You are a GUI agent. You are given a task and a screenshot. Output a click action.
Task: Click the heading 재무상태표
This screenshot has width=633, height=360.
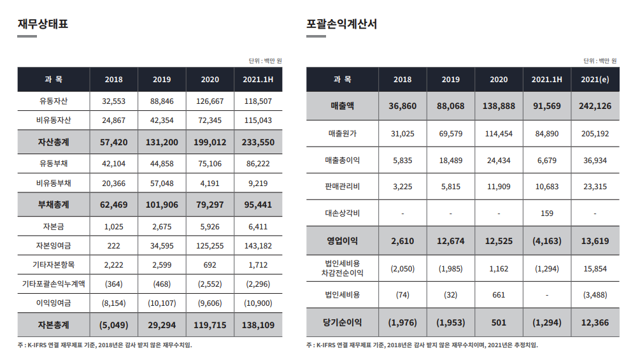(43, 25)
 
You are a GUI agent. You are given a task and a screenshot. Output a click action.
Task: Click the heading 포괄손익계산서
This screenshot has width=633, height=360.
(341, 25)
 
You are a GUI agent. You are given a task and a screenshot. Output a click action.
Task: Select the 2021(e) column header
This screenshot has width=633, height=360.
(595, 80)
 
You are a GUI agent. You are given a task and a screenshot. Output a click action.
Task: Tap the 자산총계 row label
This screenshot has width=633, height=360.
(53, 143)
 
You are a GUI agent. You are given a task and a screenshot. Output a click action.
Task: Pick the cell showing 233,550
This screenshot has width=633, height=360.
(258, 143)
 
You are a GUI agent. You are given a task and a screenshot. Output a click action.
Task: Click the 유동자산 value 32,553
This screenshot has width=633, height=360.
(113, 101)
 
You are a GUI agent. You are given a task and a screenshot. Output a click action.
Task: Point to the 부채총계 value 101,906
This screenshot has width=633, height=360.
(162, 205)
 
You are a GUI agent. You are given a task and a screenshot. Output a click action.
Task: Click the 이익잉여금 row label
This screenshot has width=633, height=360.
(53, 303)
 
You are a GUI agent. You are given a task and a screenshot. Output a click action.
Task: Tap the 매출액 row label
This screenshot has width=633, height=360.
(343, 106)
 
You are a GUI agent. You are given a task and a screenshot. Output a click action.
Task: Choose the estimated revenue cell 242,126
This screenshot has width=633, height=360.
(595, 106)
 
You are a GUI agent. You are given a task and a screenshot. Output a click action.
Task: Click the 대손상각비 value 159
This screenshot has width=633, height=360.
(546, 213)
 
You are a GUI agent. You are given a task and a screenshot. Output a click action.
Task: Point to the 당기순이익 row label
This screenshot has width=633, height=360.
(343, 322)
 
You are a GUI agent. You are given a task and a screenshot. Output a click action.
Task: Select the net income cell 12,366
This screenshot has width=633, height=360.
(595, 322)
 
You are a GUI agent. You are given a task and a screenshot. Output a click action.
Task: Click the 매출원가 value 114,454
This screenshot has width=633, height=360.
(499, 134)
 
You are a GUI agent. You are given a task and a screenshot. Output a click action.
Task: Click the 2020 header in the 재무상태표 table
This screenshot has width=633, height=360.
(210, 80)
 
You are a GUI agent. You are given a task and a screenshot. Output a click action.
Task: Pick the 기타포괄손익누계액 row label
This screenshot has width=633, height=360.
(53, 284)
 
